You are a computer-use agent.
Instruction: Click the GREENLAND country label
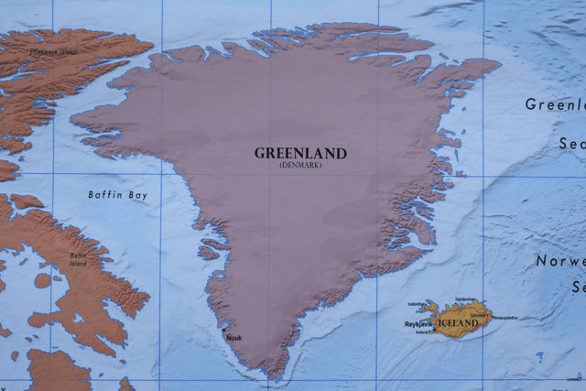(x=301, y=153)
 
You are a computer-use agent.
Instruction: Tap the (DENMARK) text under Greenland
(x=301, y=165)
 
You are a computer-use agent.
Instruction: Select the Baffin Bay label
(x=117, y=195)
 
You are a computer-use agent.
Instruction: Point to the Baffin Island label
(x=79, y=259)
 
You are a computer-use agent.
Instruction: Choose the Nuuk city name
(x=234, y=338)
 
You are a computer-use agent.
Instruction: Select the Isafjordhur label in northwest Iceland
(x=417, y=303)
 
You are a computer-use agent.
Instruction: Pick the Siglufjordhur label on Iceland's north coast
(x=465, y=299)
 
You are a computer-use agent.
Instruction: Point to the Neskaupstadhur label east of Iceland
(x=506, y=318)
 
